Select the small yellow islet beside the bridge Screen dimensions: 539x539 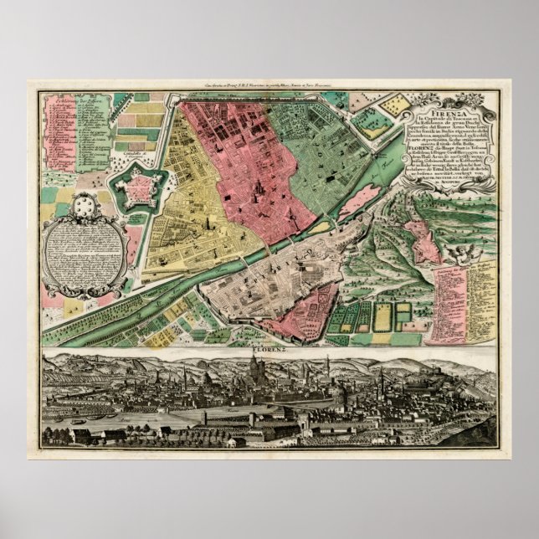coord(321,228)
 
